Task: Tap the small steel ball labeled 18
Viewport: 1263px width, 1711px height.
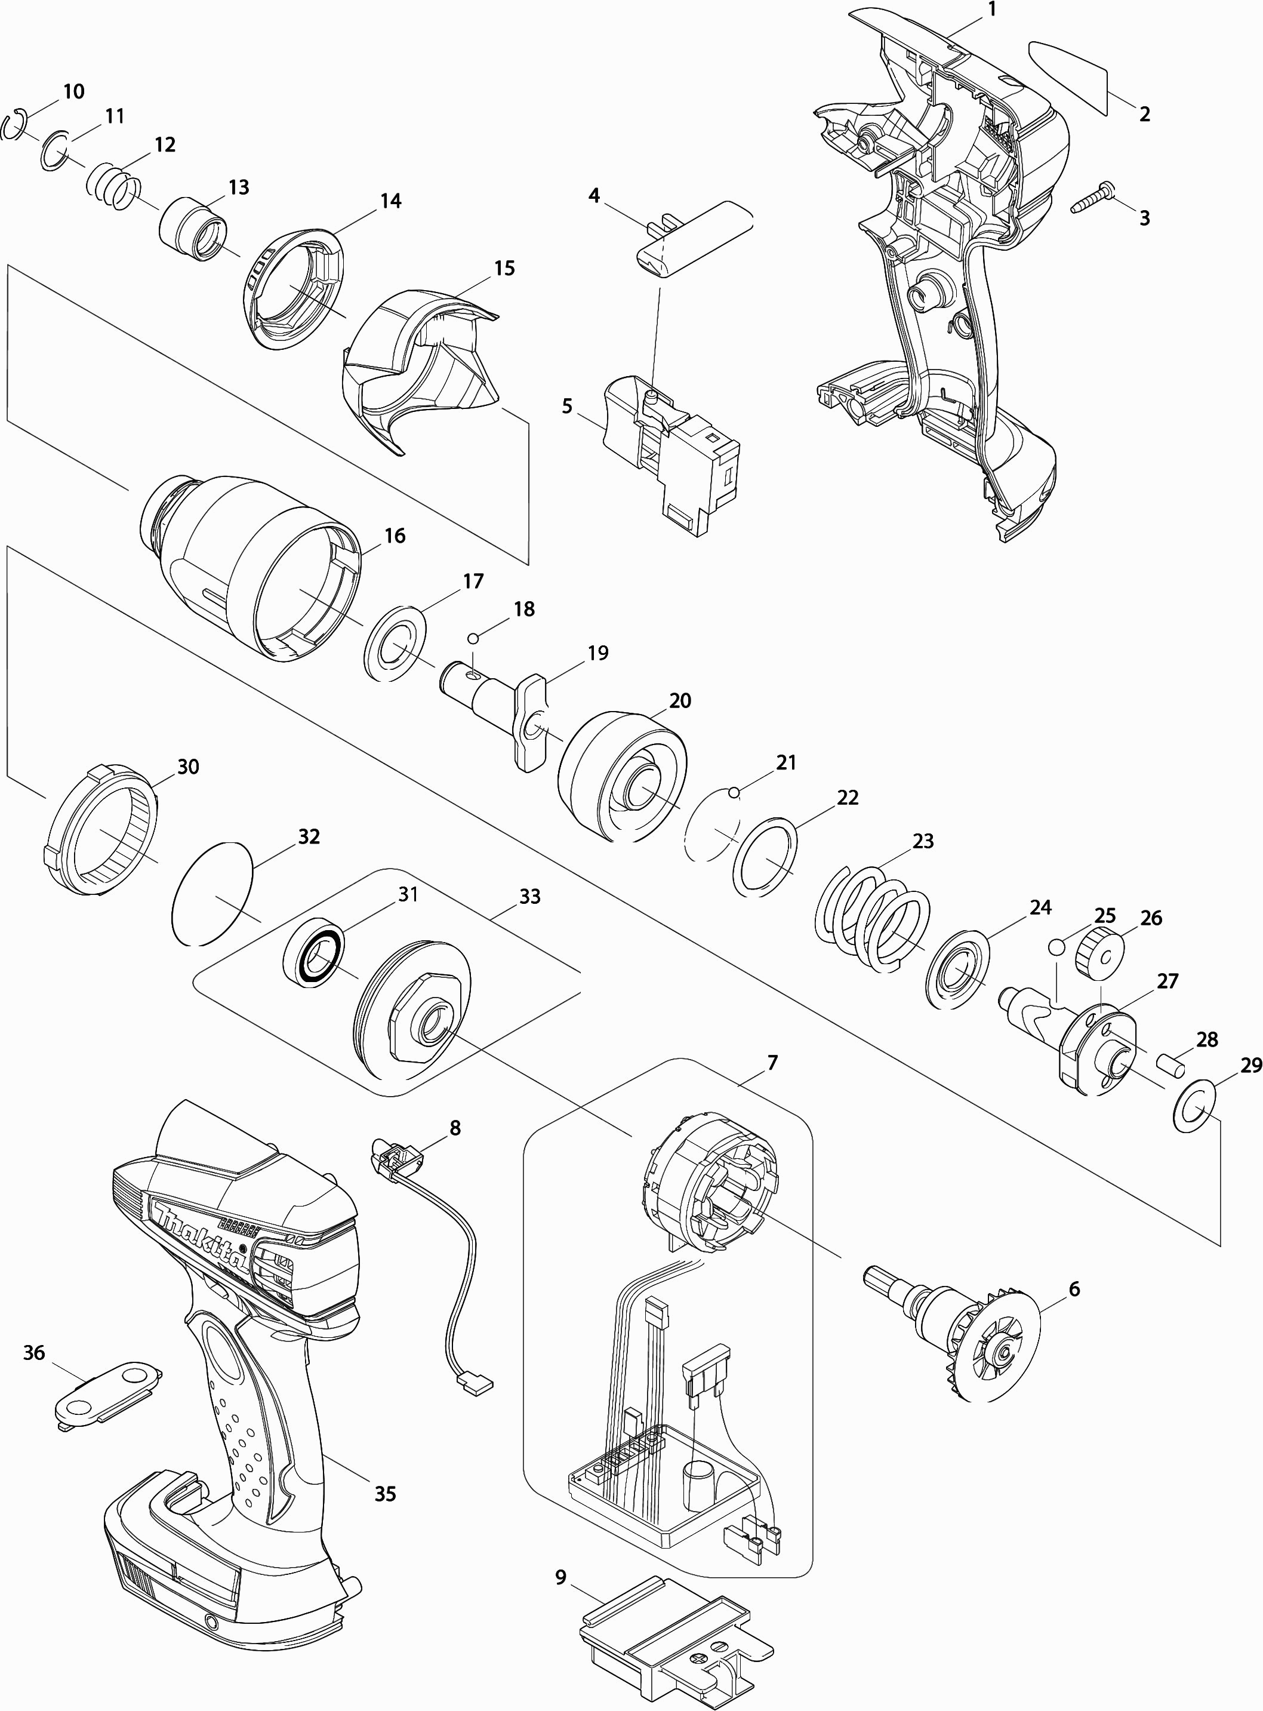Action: point(474,638)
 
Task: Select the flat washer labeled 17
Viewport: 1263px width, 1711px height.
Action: point(397,643)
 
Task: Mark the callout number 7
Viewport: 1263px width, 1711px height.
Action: point(772,1062)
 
